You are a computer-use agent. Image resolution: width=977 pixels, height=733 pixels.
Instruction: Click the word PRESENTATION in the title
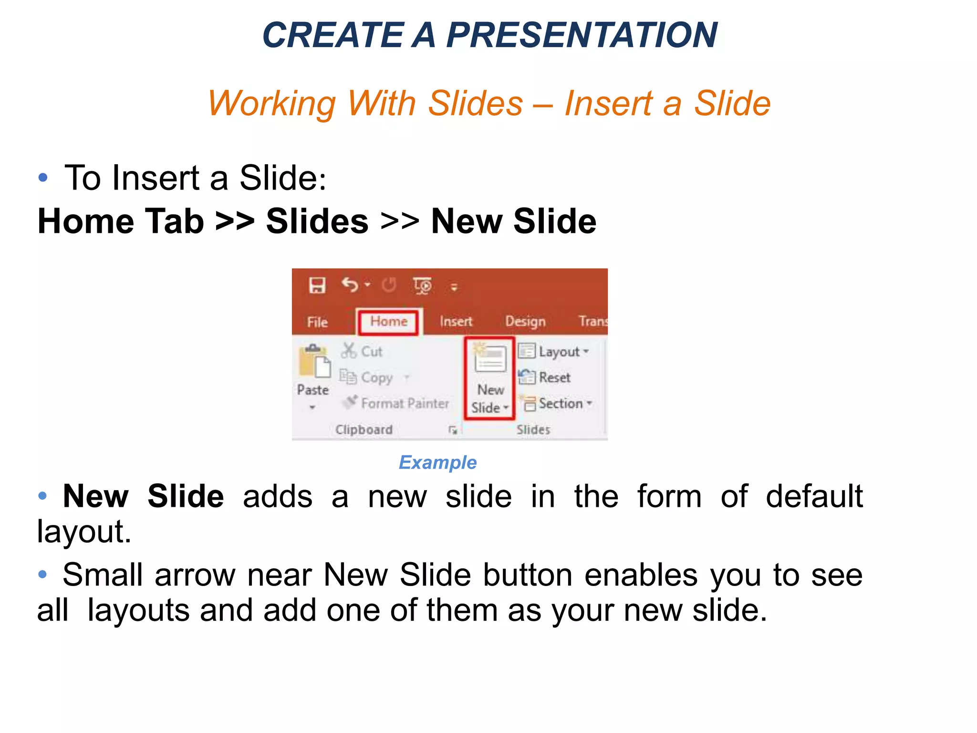(581, 35)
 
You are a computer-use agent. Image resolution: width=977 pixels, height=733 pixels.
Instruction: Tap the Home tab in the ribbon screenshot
(388, 321)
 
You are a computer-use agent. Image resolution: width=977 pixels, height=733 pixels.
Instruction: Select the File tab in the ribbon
(317, 322)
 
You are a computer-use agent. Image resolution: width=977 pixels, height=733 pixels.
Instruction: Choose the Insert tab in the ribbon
(456, 321)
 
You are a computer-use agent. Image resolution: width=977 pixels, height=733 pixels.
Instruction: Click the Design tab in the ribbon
(525, 321)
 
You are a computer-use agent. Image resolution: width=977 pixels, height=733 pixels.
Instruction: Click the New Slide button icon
(490, 359)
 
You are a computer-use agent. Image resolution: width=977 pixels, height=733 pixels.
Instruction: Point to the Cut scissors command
(362, 351)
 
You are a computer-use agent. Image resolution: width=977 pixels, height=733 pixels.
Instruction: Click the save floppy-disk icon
(317, 285)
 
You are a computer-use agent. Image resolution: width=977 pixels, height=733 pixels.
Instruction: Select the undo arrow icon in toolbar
(350, 285)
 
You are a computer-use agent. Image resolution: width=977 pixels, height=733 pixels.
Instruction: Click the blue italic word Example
(437, 462)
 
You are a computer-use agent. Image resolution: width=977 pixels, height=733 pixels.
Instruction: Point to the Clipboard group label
(364, 429)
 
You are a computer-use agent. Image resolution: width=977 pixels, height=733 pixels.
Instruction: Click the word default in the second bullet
(814, 496)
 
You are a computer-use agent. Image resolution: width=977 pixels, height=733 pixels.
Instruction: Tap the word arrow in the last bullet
(195, 575)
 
